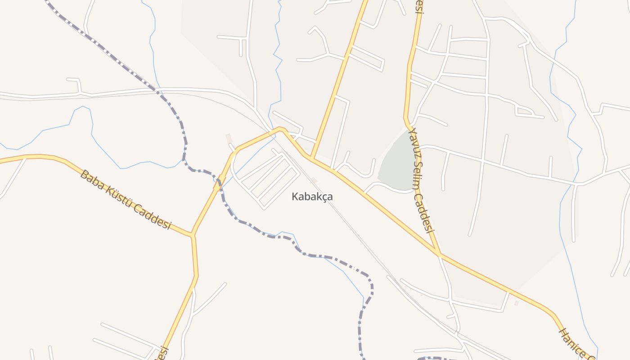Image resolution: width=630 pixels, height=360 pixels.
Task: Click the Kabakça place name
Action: [312, 197]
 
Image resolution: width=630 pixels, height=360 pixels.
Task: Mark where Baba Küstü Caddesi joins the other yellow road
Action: [192, 234]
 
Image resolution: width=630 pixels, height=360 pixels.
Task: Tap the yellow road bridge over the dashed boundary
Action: [219, 182]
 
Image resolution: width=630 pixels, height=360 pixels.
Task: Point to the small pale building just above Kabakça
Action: [314, 180]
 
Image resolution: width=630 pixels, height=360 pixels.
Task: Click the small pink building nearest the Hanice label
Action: [516, 303]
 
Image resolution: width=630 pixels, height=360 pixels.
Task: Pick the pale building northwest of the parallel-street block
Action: [229, 138]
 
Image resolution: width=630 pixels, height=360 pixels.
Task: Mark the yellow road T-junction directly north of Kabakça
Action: [311, 157]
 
